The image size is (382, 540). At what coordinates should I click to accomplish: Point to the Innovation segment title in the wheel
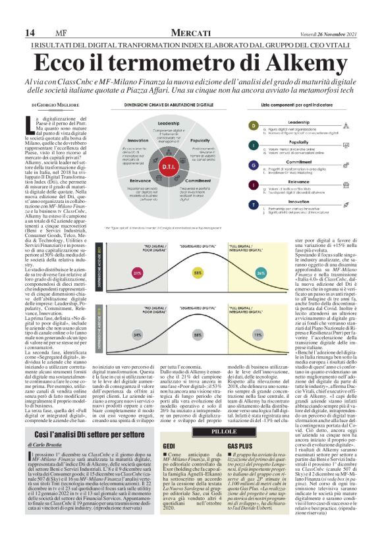coord(138,140)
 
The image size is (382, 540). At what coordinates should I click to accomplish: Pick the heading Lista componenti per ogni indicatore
coord(300,105)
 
